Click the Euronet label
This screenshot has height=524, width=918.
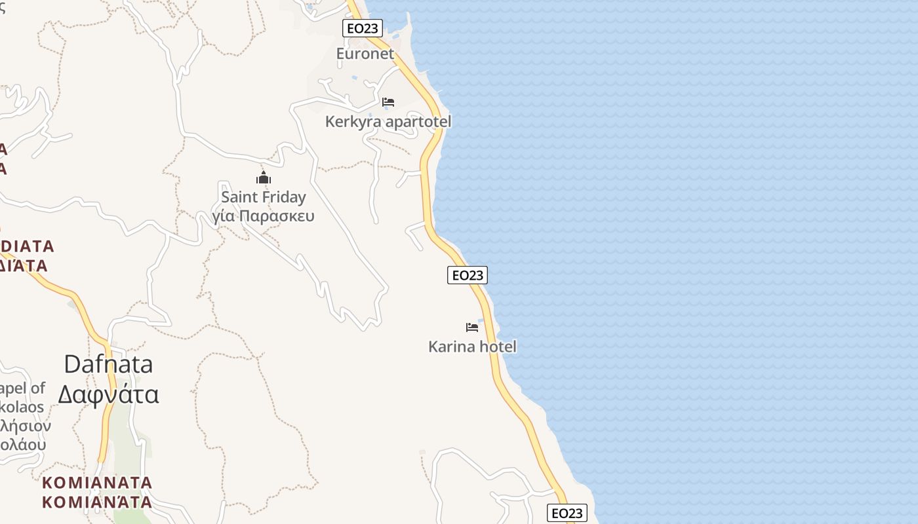click(x=365, y=54)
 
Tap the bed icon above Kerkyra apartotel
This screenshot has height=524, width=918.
click(x=388, y=102)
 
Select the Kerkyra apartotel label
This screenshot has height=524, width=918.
click(x=388, y=122)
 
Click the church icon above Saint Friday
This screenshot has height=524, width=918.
click(x=264, y=178)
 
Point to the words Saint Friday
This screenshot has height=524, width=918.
click(x=264, y=197)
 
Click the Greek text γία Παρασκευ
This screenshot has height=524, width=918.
click(x=264, y=216)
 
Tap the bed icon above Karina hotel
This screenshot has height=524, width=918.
click(x=472, y=327)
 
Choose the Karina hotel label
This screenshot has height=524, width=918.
click(x=472, y=346)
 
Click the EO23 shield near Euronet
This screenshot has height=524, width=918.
click(x=363, y=28)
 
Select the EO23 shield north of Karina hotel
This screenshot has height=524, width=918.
click(x=468, y=275)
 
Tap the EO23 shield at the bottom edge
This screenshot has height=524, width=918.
click(x=567, y=513)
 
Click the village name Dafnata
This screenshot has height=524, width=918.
click(x=108, y=364)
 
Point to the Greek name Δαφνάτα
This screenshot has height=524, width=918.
click(x=108, y=394)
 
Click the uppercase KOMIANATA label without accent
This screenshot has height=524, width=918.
click(x=97, y=483)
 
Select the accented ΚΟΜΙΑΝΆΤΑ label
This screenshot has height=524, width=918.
click(x=97, y=502)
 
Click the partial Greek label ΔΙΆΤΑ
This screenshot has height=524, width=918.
click(x=24, y=266)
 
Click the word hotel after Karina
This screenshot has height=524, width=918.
click(x=498, y=346)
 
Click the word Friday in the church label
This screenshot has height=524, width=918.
click(x=284, y=197)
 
